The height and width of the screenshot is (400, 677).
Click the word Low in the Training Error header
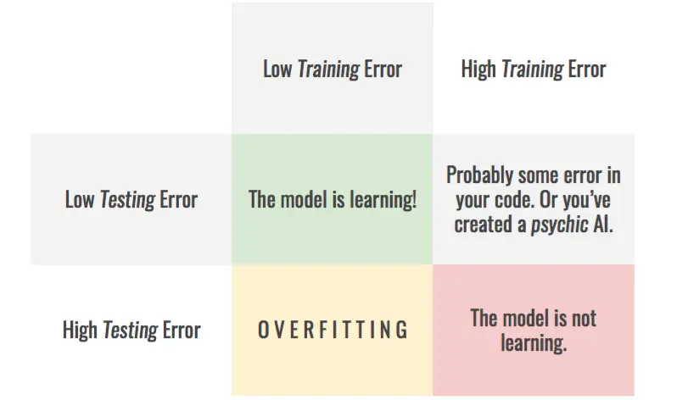point(277,69)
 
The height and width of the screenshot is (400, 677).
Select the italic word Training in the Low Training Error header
point(328,69)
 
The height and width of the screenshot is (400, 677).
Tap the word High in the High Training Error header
point(478,69)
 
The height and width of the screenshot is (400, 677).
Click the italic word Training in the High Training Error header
point(532,69)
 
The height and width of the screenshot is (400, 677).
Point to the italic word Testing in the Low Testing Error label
point(127,200)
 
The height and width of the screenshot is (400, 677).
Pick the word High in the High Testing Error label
point(80,331)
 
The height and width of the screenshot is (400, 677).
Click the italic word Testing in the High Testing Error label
point(130,331)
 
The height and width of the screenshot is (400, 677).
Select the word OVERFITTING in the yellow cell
point(333,330)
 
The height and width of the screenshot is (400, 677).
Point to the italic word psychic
point(560,225)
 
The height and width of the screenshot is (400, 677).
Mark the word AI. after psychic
point(603,225)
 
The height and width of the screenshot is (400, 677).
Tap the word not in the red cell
point(585,319)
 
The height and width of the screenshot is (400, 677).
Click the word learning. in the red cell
point(534,343)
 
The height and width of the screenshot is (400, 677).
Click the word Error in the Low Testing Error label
point(179,200)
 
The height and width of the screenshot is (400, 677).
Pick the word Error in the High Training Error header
point(587,69)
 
